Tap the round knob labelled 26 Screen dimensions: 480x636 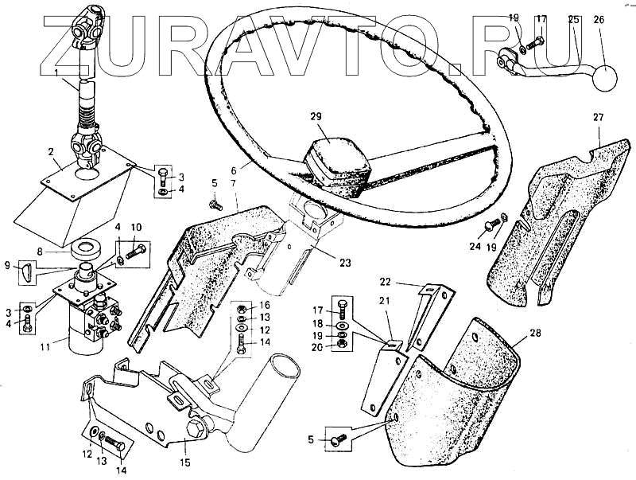605,78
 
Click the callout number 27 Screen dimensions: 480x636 599,117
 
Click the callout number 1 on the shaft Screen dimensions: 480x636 56,72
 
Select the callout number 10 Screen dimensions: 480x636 136,227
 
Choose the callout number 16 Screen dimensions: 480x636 266,305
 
